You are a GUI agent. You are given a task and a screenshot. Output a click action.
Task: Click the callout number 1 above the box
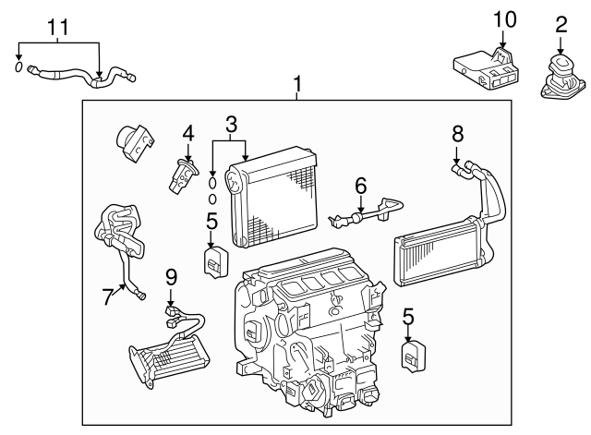coord(297,86)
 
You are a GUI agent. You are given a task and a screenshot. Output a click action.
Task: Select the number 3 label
coord(231,122)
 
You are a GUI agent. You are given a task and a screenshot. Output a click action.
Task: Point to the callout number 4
coord(188,134)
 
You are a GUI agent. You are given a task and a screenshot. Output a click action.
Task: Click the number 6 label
coord(361,186)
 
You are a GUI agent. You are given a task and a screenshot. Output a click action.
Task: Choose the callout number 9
coord(170,276)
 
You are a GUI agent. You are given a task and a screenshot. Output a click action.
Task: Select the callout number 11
coord(58,28)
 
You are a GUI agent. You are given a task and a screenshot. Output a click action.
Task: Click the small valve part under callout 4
coord(182,175)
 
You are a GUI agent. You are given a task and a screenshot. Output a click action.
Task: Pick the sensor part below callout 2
coord(561,76)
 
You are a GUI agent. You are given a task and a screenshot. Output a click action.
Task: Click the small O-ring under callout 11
coord(19,66)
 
